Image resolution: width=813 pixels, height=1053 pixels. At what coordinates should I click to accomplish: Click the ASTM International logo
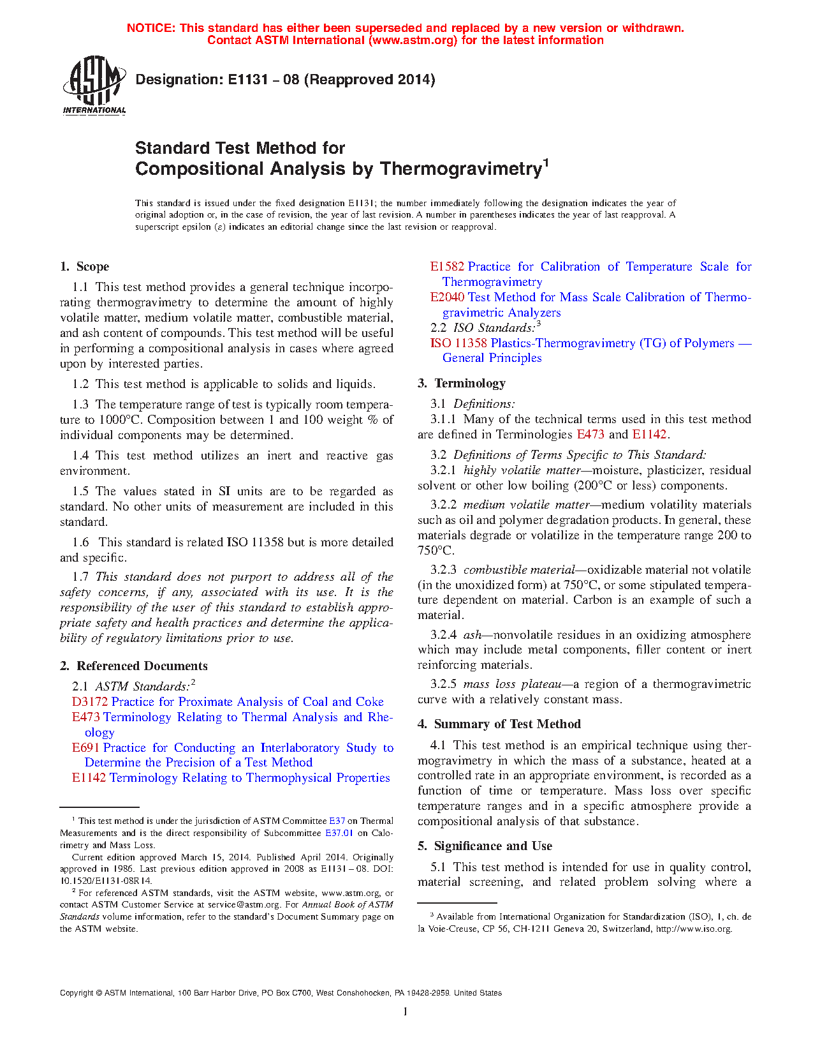pos(94,85)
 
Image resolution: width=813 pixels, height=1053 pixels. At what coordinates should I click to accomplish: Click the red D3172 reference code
pos(90,702)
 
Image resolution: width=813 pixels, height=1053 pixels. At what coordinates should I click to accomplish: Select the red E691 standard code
pos(86,748)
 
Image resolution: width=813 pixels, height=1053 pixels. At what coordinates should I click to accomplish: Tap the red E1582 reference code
pos(447,267)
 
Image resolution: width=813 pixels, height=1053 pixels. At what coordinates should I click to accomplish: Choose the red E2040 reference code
pos(447,297)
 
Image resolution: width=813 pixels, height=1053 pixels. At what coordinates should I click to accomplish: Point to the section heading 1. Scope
pos(84,267)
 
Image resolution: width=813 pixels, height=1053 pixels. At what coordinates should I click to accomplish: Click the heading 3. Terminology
pos(462,384)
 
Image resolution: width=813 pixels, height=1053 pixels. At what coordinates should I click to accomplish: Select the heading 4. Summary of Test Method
pos(499,724)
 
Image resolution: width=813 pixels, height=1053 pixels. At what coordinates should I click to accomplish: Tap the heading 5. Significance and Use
pos(485,846)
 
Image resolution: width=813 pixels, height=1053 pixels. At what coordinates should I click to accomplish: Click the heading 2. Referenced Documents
pos(134,666)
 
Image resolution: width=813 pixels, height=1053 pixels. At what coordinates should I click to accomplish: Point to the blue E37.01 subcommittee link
pos(339,833)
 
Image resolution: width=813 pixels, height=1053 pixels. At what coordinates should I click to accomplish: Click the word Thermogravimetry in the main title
pos(461,169)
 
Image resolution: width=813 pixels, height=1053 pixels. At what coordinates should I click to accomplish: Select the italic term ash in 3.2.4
pos(472,635)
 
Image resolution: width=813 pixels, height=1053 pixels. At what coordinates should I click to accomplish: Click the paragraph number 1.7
pos(80,577)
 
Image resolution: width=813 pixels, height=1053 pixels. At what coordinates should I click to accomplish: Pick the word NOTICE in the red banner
pos(150,28)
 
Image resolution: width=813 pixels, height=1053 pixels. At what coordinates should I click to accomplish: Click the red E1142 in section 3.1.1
pos(649,435)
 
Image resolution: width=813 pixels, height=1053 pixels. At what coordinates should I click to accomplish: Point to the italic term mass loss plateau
pos(512,684)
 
